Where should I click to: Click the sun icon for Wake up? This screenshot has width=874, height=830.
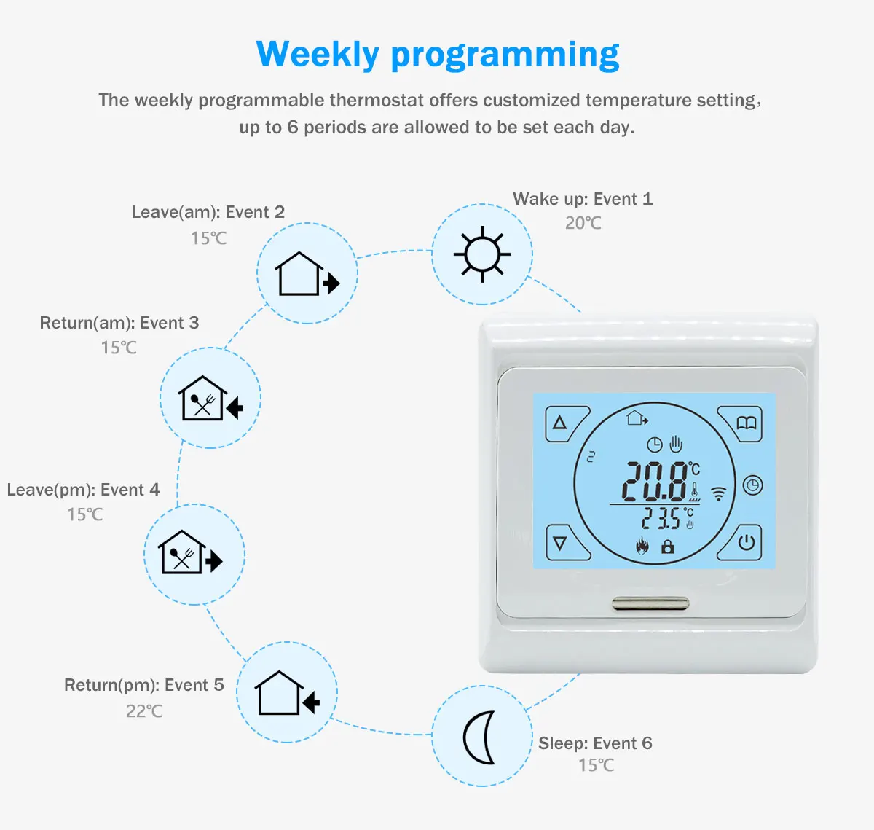tap(482, 254)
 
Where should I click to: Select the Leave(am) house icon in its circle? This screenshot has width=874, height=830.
tap(307, 274)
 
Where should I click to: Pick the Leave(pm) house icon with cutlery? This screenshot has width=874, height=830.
tap(192, 553)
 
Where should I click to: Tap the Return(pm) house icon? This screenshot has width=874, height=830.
tap(287, 693)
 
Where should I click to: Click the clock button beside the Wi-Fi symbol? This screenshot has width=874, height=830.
tap(752, 485)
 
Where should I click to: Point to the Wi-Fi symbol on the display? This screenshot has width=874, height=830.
tap(719, 494)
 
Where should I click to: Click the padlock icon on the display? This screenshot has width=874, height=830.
tap(667, 546)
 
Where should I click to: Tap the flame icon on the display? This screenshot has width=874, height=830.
tap(642, 546)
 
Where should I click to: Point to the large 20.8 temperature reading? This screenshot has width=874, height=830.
tap(655, 482)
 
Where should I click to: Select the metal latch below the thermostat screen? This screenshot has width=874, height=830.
tap(650, 603)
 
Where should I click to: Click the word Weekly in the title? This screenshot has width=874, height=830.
tap(318, 55)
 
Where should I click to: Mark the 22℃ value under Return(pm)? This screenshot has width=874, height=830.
tap(144, 710)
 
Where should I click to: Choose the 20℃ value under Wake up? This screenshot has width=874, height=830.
tap(583, 223)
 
